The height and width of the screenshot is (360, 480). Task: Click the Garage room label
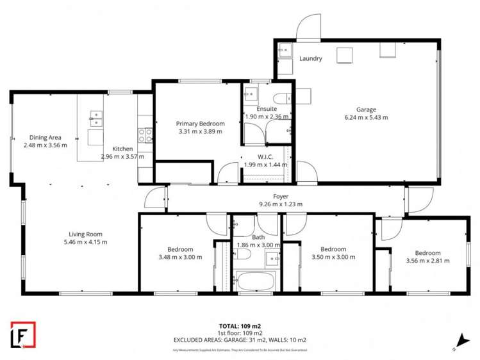pos(366,110)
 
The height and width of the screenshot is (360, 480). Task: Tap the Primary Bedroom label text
pos(200,124)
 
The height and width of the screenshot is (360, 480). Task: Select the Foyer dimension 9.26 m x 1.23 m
pos(280,204)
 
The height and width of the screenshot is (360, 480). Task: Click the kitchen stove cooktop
pos(145,135)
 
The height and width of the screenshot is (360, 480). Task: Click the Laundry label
pos(310,59)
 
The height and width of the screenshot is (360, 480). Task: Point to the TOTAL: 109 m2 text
pos(240,326)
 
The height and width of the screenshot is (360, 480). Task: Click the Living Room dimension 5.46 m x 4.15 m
pos(86,242)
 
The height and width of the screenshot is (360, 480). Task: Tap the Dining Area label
pos(45,137)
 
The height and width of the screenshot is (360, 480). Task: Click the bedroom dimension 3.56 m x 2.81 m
pos(427,261)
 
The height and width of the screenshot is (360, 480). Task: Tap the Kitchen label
pos(122,149)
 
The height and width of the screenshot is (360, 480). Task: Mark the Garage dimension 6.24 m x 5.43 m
pos(366,117)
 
